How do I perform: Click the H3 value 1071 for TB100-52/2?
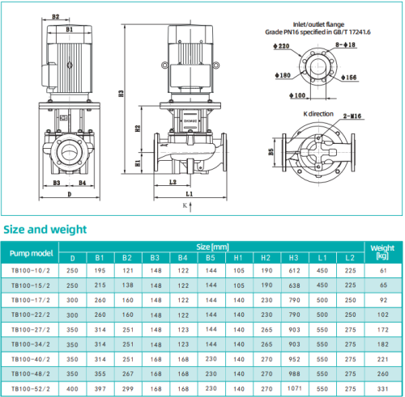point(292,387)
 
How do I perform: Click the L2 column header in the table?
point(349,258)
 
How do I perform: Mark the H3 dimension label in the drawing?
point(120,94)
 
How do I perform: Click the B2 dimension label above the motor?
point(55,16)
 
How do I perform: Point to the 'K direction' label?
point(318,115)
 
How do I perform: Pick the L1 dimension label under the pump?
point(188,195)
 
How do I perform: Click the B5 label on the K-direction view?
point(271,150)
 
